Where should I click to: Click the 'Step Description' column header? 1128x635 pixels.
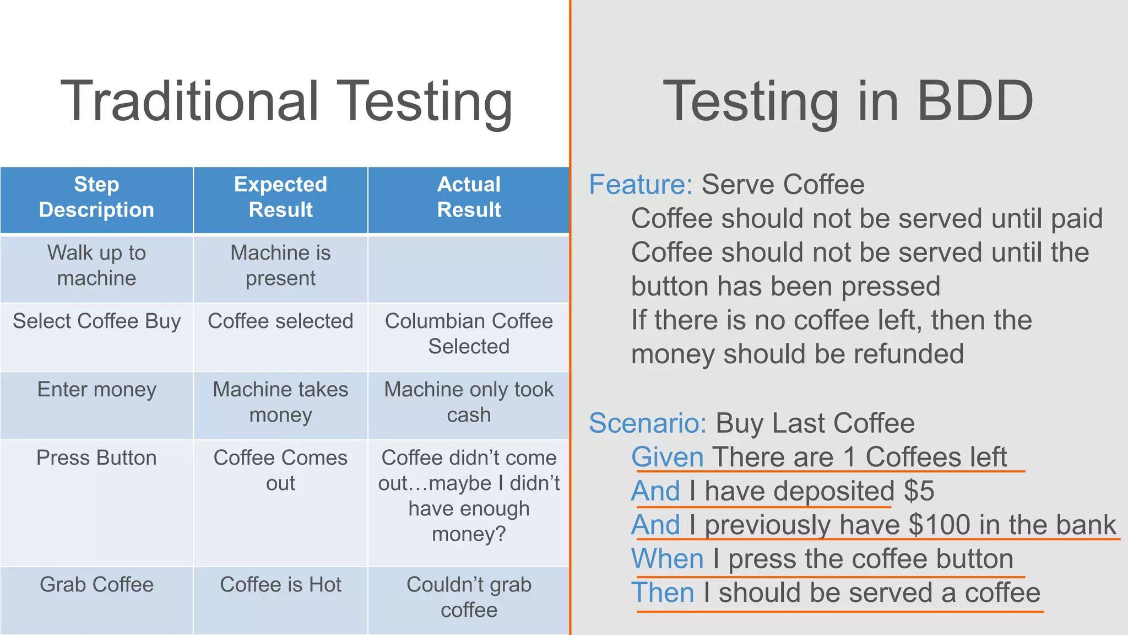click(96, 197)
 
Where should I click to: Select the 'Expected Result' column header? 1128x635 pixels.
click(280, 197)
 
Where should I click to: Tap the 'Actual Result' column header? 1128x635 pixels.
click(469, 197)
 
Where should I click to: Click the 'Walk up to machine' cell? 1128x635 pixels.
click(96, 266)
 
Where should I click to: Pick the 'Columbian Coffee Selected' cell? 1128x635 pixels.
click(469, 334)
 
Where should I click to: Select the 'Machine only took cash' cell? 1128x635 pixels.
click(469, 402)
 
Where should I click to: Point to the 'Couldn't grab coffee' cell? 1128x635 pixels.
click(469, 598)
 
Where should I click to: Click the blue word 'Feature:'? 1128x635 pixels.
click(641, 185)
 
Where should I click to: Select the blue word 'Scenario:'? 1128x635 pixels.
click(648, 423)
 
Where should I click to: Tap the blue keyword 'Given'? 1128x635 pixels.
click(667, 458)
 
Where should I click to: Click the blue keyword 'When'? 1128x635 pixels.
click(667, 559)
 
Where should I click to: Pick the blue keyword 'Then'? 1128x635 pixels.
click(663, 593)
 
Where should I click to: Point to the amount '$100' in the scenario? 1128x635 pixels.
click(939, 525)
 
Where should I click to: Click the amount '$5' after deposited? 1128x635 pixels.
click(919, 491)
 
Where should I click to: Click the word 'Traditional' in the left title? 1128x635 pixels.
click(189, 101)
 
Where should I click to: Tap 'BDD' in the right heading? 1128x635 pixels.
click(975, 101)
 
